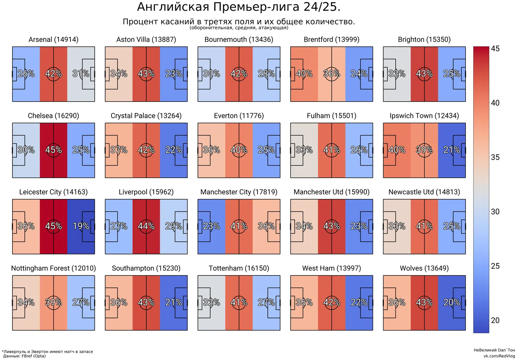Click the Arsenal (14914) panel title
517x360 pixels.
[x=53, y=40]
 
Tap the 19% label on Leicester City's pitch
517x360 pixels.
[x=81, y=226]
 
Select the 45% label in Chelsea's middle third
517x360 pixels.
[x=53, y=150]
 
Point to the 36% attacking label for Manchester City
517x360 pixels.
[x=266, y=226]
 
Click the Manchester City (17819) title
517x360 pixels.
[x=239, y=192]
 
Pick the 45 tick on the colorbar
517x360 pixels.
[x=495, y=48]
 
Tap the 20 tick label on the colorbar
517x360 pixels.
[x=495, y=320]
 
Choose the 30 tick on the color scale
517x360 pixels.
[x=495, y=212]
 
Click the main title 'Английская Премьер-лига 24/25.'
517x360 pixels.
[x=239, y=7]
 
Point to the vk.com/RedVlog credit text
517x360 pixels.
[x=499, y=356]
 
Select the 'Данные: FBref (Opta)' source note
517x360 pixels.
[x=24, y=356]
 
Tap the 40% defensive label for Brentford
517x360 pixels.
[x=304, y=74]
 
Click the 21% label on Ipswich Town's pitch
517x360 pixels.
[x=452, y=150]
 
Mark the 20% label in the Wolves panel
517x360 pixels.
[x=452, y=303]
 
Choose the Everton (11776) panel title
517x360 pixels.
[x=239, y=116]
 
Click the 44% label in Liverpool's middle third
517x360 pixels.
[x=146, y=226]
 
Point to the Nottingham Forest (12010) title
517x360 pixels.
[x=53, y=268]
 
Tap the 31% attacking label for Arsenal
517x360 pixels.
[x=81, y=74]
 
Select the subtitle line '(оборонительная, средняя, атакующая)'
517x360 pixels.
[x=239, y=28]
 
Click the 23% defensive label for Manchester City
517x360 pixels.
[x=211, y=226]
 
